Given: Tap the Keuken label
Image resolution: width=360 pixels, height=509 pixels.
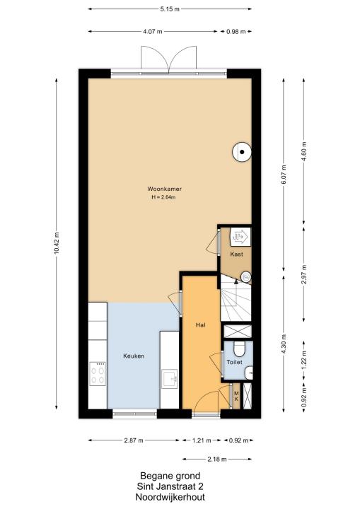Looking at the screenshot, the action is (x=134, y=356).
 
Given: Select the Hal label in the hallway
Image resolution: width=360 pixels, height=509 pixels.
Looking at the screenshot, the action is (x=200, y=324).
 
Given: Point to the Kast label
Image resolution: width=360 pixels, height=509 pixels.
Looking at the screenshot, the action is (x=236, y=255).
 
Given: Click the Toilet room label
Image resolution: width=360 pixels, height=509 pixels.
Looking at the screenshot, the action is (x=235, y=362).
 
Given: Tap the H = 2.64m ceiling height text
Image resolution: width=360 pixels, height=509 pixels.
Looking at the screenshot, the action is (x=163, y=197).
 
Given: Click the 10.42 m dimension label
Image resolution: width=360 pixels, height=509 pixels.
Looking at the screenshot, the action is (x=57, y=243).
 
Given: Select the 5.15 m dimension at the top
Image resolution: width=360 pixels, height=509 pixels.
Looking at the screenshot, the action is (x=170, y=9).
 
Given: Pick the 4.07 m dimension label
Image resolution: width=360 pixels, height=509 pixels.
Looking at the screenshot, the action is (x=152, y=32).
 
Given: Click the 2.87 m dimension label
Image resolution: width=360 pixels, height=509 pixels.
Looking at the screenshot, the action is (x=134, y=440).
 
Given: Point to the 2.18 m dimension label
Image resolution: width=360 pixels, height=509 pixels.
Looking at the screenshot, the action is (x=217, y=459).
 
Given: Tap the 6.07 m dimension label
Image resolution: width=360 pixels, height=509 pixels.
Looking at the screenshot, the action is (x=284, y=175).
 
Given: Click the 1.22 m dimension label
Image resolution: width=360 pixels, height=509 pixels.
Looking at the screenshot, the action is (x=304, y=360).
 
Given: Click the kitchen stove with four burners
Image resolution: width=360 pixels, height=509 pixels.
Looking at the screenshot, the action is (x=98, y=374).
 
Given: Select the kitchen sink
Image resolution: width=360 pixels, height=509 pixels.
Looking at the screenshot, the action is (x=170, y=378).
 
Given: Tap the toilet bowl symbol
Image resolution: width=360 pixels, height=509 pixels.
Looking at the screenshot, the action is (x=239, y=348).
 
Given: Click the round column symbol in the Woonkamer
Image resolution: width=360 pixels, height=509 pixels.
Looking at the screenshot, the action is (x=242, y=152).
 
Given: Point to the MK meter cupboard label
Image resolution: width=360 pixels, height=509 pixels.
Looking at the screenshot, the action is (x=236, y=396).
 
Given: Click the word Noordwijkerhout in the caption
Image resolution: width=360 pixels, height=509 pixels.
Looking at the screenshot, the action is (x=170, y=497).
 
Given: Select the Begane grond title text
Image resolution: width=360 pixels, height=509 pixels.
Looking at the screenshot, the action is (x=170, y=476).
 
